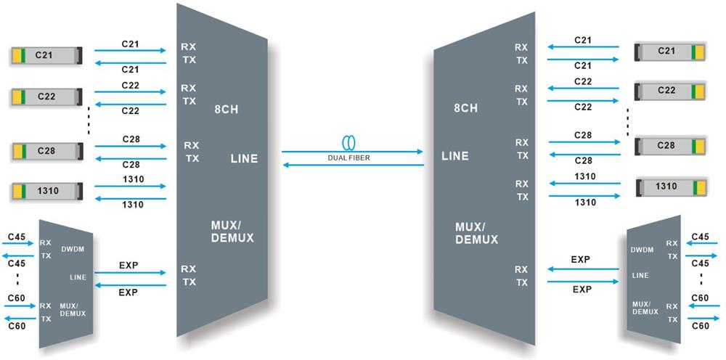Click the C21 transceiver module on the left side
click(46, 54)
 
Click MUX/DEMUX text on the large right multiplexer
click(476, 232)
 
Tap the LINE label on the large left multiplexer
click(244, 158)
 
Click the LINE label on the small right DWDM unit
click(640, 275)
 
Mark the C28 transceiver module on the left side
click(46, 151)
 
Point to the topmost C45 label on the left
click(16, 237)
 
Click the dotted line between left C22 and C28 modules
click(88, 122)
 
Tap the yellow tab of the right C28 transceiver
click(701, 145)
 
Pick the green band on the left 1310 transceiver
click(24, 191)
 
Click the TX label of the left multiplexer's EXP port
click(189, 282)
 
